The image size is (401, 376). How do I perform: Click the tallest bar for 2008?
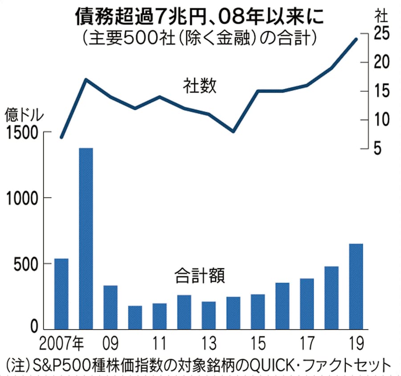coord(86,238)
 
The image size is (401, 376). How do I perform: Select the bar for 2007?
coord(61,293)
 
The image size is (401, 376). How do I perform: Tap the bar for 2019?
coord(356,286)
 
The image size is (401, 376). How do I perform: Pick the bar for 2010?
coord(135,317)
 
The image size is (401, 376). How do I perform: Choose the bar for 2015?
coord(258,311)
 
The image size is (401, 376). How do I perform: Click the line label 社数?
coord(199,85)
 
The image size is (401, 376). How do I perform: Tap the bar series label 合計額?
coord(199,277)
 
